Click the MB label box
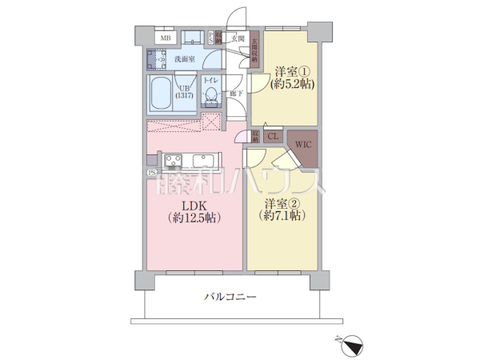166,38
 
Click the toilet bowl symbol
211,98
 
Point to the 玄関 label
237,38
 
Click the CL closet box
272,137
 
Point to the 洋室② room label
284,202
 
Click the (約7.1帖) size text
284,215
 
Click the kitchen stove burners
174,161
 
